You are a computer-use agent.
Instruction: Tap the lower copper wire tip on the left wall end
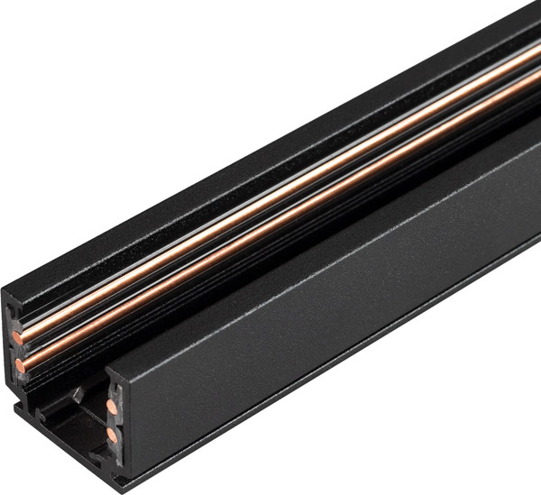point(19,366)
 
